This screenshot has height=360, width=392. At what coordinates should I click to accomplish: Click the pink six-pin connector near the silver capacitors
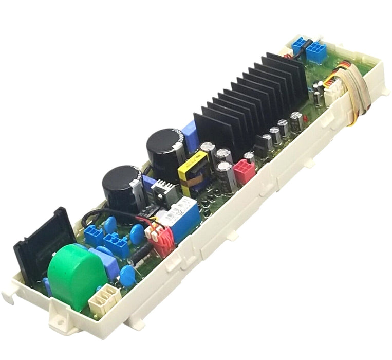click(244, 172)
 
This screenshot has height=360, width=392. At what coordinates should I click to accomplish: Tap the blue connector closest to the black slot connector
click(94, 236)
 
